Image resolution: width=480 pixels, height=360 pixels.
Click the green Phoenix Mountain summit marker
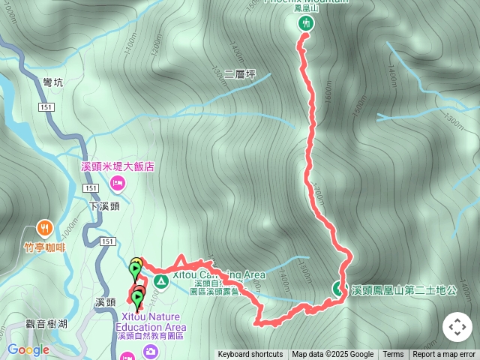pos(305,23)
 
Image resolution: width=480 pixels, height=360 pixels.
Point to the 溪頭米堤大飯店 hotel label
pos(118,166)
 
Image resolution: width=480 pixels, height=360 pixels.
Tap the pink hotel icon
pos(118,183)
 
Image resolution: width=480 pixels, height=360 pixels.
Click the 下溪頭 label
pos(104,205)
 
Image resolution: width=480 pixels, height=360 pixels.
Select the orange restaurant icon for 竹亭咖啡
pos(45,227)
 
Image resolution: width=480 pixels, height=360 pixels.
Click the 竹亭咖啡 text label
pos(44,244)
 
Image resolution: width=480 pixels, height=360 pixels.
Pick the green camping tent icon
pos(160,282)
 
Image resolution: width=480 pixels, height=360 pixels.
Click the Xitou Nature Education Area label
pos(150,322)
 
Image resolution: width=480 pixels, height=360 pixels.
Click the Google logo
pos(28,349)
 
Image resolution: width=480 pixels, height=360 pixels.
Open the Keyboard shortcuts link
pos(250,355)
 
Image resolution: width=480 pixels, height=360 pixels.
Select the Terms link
pos(393,355)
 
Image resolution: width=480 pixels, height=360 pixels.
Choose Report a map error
pos(444,355)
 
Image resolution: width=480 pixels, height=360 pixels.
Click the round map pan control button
pos(457,327)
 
